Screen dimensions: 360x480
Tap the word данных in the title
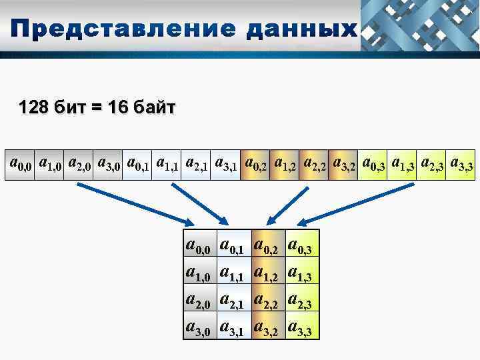pos(299,30)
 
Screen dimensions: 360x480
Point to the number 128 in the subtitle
pos(33,107)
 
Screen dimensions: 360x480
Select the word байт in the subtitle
pos(152,107)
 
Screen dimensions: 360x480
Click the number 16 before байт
pos(117,107)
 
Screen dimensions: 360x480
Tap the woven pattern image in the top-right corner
pos(420,25)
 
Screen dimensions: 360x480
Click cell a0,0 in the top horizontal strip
pos(20,163)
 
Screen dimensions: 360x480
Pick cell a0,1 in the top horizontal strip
pos(137,163)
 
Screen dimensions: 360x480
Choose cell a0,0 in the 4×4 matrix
pos(199,247)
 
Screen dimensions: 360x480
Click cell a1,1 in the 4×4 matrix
pos(233,273)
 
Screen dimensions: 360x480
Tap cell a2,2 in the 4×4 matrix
pos(268,301)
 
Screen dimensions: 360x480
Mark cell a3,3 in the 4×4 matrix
pos(301,327)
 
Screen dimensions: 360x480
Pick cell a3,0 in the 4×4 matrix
pos(199,327)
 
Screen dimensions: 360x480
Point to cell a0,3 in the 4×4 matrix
pos(301,247)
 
